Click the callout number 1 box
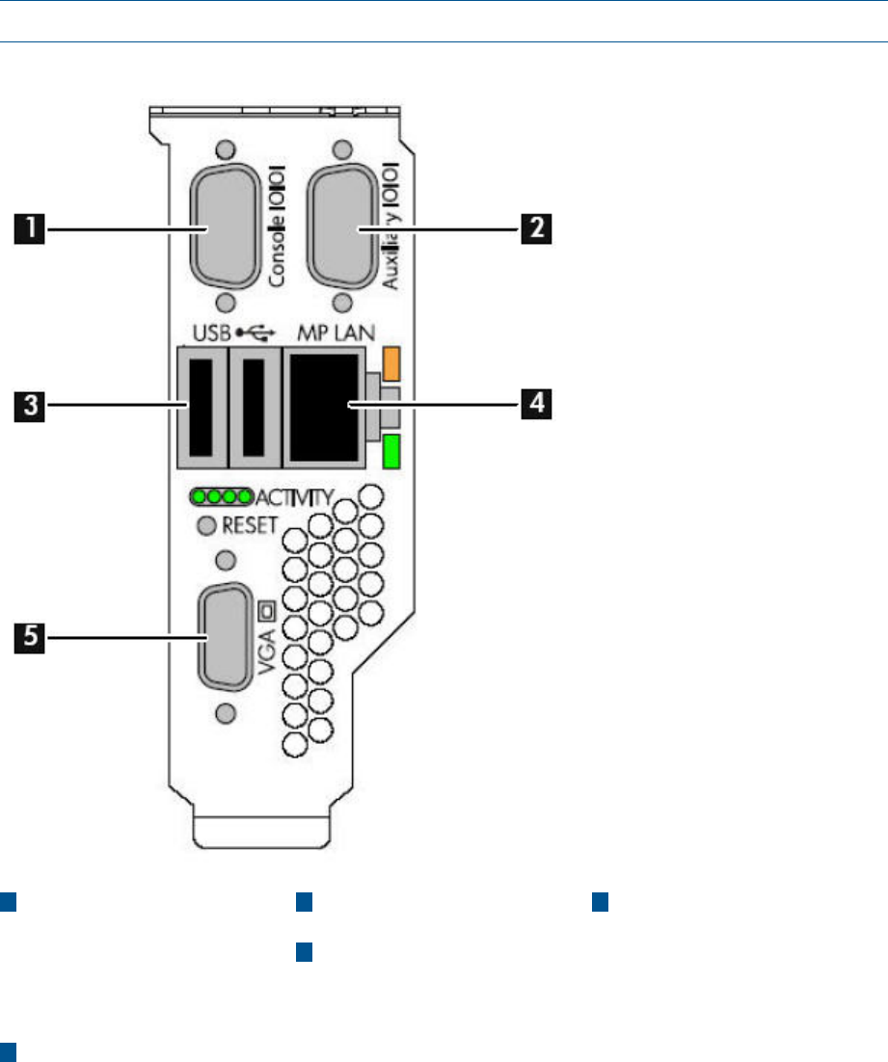(x=34, y=229)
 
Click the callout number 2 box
(x=537, y=229)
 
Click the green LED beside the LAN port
(x=390, y=452)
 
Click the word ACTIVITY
(x=295, y=498)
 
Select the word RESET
(x=249, y=525)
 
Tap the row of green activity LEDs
(x=222, y=498)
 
